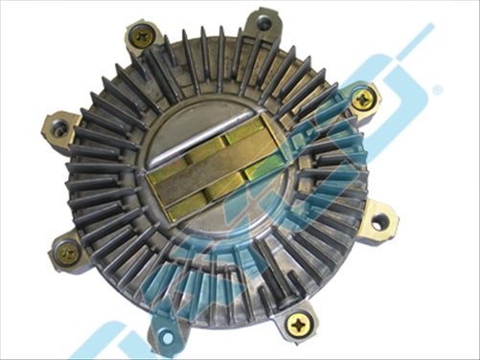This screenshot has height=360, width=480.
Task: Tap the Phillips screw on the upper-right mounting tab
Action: click(362, 99)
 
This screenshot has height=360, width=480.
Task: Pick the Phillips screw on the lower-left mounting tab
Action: click(68, 252)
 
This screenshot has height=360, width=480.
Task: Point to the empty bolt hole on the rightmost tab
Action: click(380, 221)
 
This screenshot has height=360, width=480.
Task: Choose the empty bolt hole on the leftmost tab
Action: click(60, 126)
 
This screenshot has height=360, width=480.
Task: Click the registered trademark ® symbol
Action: click(437, 89)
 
